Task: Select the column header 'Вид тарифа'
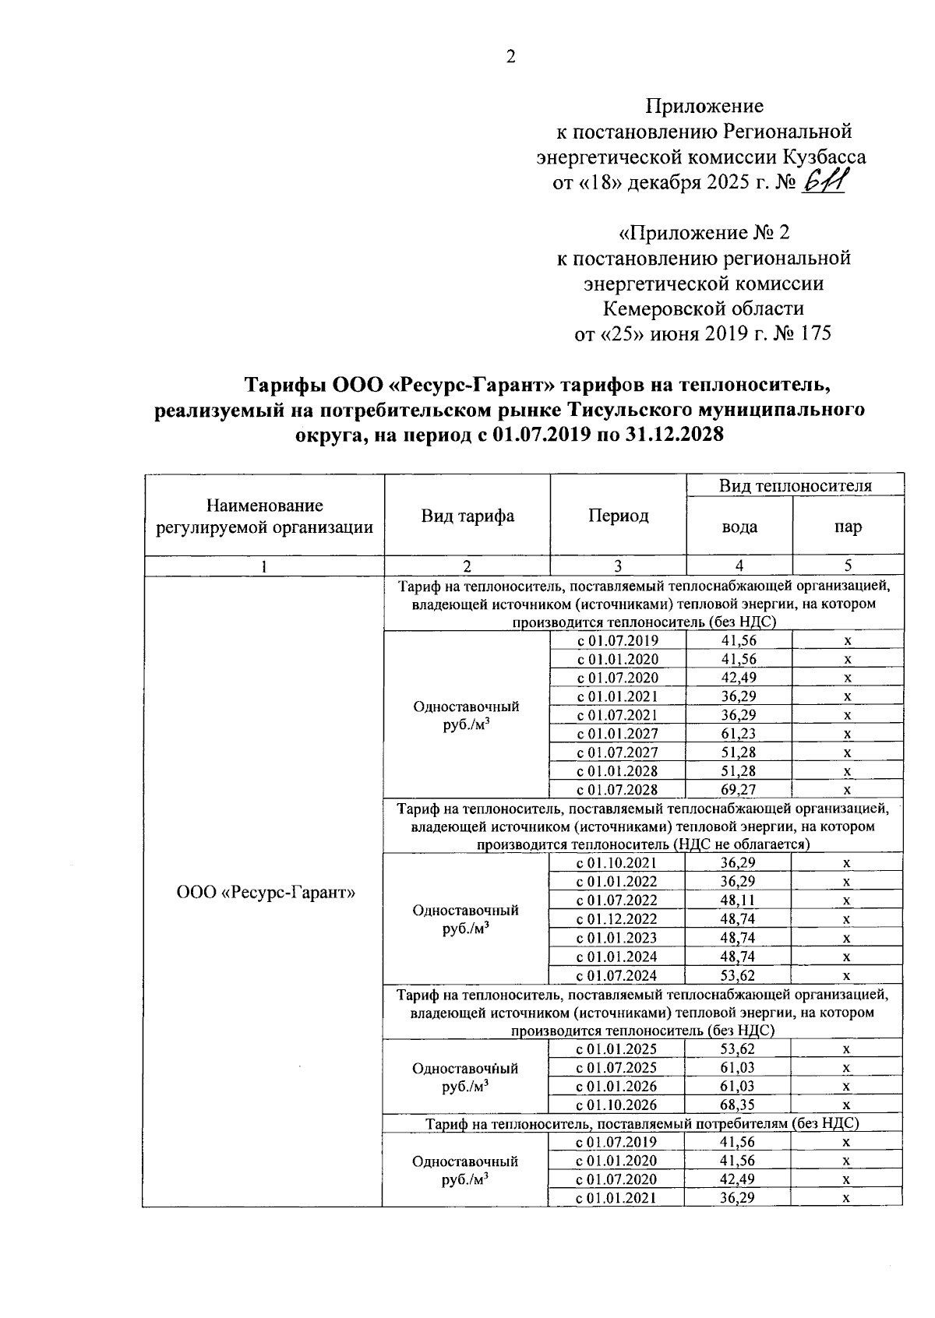click(x=467, y=516)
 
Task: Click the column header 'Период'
click(x=618, y=516)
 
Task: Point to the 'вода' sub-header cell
click(x=739, y=527)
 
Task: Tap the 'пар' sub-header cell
click(x=848, y=527)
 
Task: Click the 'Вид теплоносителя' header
click(x=795, y=485)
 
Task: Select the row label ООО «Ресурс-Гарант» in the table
click(x=266, y=893)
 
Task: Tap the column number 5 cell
click(x=848, y=566)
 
